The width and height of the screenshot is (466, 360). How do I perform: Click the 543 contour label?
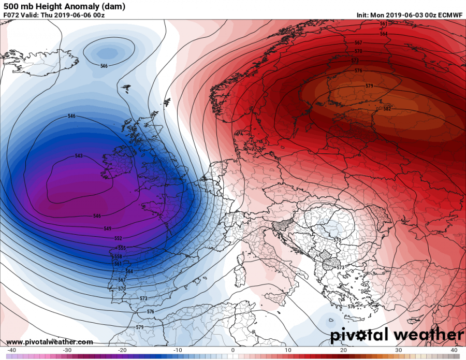tap(79, 156)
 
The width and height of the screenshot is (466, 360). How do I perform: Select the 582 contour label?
tap(387, 109)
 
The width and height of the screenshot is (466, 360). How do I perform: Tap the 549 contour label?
tap(108, 228)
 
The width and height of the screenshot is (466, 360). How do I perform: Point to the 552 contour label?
tap(118, 238)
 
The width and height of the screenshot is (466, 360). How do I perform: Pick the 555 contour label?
tap(122, 248)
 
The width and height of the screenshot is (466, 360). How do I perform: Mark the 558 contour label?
tap(118, 256)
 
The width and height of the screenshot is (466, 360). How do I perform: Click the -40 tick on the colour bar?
tap(11, 350)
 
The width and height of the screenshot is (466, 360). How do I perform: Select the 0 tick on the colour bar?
tap(232, 350)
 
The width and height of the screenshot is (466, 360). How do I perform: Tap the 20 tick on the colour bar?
tap(343, 350)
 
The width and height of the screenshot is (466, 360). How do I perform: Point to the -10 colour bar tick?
tap(178, 350)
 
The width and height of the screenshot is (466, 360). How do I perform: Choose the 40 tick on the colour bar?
tap(454, 350)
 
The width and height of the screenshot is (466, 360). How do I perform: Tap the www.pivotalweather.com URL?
tap(49, 342)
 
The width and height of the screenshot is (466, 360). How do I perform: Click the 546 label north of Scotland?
tap(104, 66)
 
